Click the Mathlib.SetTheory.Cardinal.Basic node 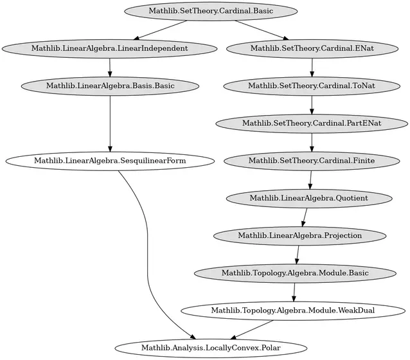[211, 12]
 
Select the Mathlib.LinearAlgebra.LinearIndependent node [109, 49]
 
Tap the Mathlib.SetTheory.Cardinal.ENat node [312, 49]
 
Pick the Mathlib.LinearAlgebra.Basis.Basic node [110, 86]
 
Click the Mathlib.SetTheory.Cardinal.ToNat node [312, 86]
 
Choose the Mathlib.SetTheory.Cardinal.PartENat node [312, 123]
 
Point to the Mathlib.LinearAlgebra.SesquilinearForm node [110, 161]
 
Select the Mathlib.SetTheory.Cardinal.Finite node [312, 161]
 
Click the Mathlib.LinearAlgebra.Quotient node [309, 198]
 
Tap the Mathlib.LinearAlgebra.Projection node [300, 236]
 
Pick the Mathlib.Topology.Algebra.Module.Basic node [295, 273]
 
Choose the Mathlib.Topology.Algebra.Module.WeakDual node [293, 310]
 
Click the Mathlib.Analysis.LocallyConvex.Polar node [211, 348]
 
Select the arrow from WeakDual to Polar [251, 330]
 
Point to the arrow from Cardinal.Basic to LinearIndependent [160, 30]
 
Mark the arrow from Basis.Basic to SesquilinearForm [110, 123]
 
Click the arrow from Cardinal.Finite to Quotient [310, 180]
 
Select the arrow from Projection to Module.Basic [298, 255]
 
